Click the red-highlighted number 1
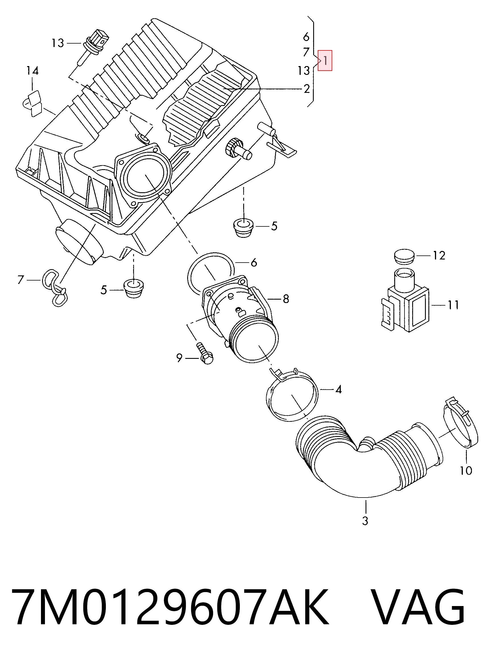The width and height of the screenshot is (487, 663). tap(325, 60)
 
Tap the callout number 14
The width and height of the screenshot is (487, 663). tap(32, 71)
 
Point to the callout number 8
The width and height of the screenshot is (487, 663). tap(286, 299)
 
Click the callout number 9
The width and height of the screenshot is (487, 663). tap(179, 358)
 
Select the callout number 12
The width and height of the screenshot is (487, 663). tap(439, 255)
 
